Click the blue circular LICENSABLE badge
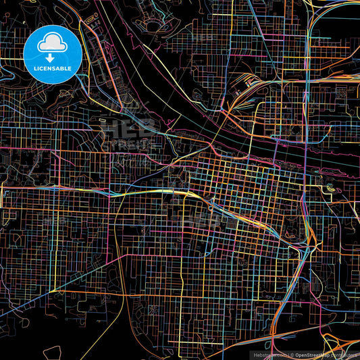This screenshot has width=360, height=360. click(x=51, y=53)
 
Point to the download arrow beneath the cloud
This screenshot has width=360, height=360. click(x=51, y=57)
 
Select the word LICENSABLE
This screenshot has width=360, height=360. click(x=51, y=68)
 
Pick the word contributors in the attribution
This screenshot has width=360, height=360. click(x=344, y=355)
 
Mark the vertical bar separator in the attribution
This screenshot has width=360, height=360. click(x=286, y=355)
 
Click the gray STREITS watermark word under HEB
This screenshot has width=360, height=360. click(x=125, y=144)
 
